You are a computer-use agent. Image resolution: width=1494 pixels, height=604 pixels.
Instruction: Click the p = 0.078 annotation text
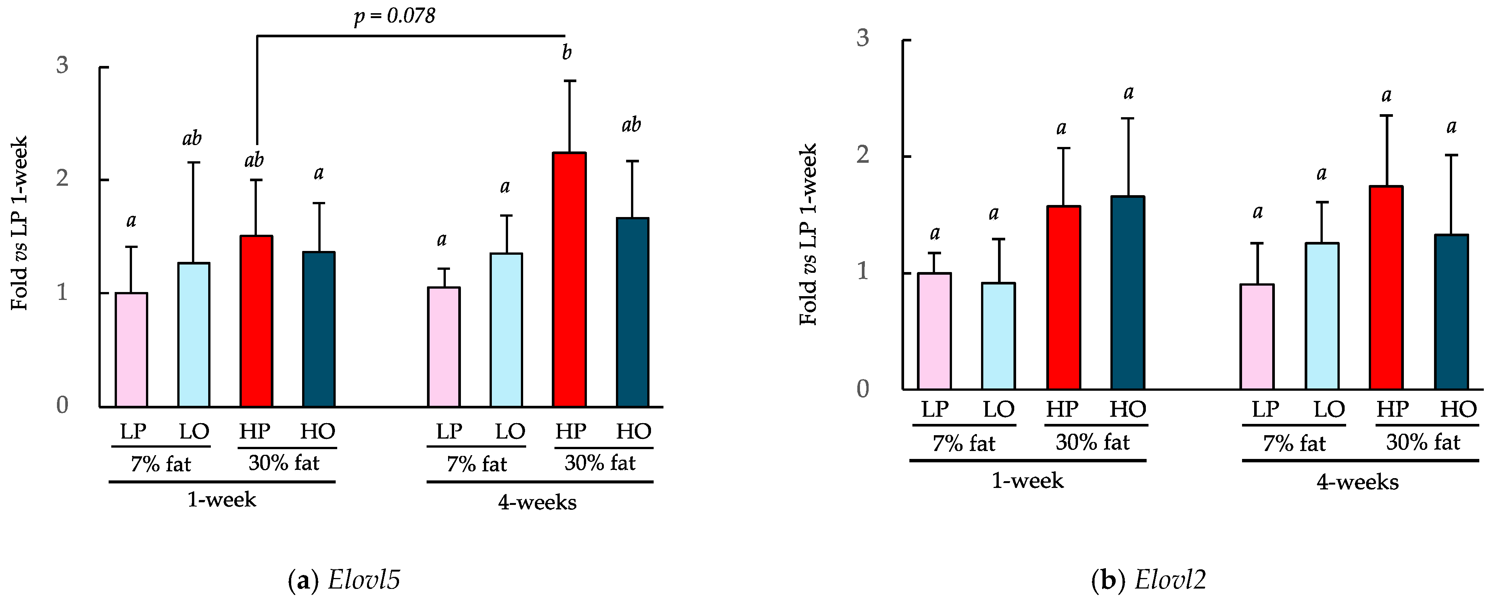pos(395,16)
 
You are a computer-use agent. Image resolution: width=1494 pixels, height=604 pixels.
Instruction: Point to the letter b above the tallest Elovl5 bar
pos(567,53)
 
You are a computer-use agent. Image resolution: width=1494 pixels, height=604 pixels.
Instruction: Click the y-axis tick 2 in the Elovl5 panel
pos(62,179)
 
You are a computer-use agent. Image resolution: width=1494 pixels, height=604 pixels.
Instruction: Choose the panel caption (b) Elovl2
pos(1149,580)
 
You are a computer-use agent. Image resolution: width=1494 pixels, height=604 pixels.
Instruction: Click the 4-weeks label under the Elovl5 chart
pos(537,502)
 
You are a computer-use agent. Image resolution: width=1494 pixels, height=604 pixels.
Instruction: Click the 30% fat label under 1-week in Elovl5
pos(284,463)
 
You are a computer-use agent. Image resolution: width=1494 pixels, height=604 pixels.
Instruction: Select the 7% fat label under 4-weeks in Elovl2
pos(1294,444)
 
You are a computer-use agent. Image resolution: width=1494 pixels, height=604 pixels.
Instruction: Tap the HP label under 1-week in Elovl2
pos(1061,409)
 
